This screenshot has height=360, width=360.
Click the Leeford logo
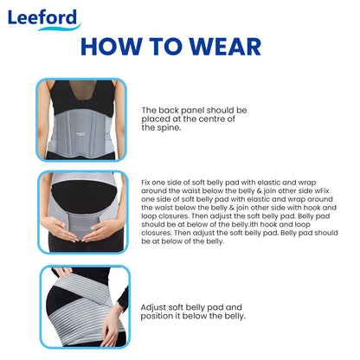tap(44, 19)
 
